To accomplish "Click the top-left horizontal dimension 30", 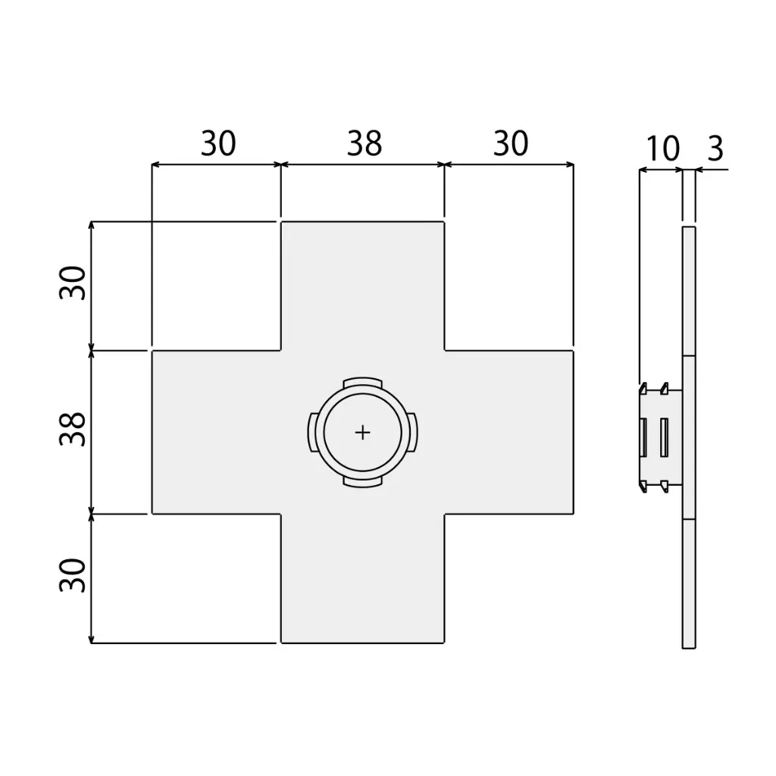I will (x=218, y=144).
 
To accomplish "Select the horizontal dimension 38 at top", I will (x=365, y=144).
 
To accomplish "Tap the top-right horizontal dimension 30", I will (x=510, y=144).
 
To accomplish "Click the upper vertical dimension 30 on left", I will (x=74, y=283).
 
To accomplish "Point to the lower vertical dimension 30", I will (x=74, y=576).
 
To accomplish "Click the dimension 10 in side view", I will (x=663, y=149).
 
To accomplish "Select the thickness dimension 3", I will (x=715, y=149).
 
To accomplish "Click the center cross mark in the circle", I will (x=363, y=432).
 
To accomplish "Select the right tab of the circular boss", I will (x=415, y=432).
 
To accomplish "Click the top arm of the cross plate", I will (x=363, y=284).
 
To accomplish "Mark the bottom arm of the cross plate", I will (x=363, y=580).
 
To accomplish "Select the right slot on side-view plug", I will (x=664, y=438).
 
